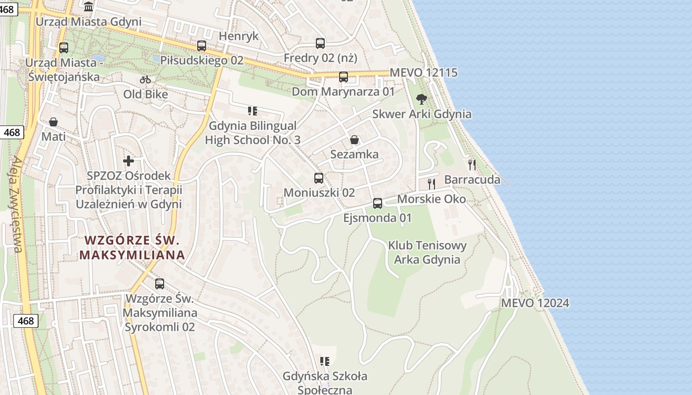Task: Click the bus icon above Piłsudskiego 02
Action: point(202,46)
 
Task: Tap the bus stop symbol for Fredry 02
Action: point(320,43)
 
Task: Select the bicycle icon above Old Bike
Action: point(145,79)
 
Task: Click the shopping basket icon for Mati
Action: point(53,122)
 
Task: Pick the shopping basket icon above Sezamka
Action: point(354,140)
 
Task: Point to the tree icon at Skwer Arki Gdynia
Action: point(422,99)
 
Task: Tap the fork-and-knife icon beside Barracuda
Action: point(472,165)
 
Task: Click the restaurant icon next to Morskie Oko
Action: point(432,184)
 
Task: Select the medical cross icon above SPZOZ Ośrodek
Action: point(129,161)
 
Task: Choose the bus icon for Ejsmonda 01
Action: point(378,203)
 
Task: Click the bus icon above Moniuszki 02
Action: point(319,178)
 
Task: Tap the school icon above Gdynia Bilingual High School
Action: point(253,111)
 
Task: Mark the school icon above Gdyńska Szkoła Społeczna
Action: point(325,361)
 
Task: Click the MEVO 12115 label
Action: point(424,73)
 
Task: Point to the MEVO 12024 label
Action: point(535,303)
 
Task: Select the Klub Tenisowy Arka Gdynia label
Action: point(427,252)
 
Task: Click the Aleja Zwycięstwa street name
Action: point(16,204)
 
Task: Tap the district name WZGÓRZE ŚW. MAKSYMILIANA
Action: point(132,248)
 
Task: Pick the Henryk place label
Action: point(239,36)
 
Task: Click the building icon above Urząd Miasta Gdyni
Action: point(89,7)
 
